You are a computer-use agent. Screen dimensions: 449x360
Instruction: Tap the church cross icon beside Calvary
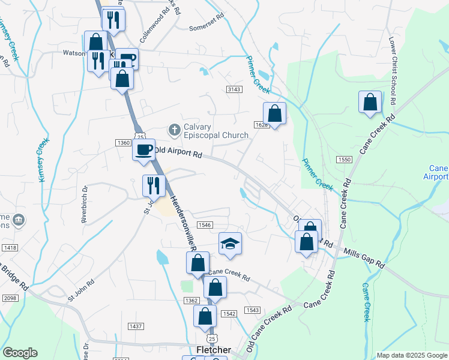pyautogui.click(x=175, y=130)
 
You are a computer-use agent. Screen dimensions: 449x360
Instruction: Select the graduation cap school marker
pyautogui.click(x=230, y=244)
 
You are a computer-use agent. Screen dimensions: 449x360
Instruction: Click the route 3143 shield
pyautogui.click(x=234, y=89)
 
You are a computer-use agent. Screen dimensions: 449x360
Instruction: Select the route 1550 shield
pyautogui.click(x=344, y=160)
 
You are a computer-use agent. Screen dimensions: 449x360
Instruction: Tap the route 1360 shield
pyautogui.click(x=123, y=142)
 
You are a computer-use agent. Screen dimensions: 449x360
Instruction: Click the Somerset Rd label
pyautogui.click(x=206, y=28)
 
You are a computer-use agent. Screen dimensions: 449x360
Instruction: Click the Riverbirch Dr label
pyautogui.click(x=85, y=204)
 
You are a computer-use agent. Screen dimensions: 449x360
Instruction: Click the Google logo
pyautogui.click(x=20, y=353)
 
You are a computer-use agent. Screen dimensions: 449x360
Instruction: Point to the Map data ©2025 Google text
pyautogui.click(x=411, y=356)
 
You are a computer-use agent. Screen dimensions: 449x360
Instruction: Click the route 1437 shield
pyautogui.click(x=136, y=326)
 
